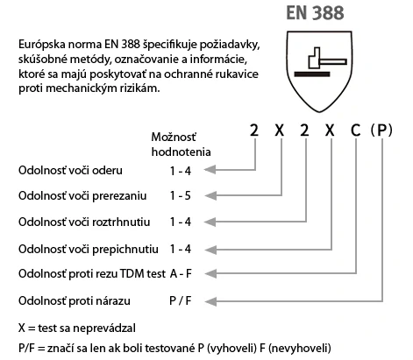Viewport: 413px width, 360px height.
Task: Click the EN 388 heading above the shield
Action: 315,13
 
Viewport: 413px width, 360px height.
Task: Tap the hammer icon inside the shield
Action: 327,58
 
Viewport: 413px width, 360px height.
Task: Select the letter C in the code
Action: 355,130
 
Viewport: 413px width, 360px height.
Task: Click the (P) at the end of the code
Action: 381,131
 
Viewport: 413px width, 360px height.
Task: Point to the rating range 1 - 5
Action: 181,195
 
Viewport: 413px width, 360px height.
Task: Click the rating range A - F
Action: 181,273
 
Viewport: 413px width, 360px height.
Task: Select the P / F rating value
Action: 181,300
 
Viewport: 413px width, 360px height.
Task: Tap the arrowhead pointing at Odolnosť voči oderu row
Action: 210,170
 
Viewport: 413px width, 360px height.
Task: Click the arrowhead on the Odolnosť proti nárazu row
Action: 210,301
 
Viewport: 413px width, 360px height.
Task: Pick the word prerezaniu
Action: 119,196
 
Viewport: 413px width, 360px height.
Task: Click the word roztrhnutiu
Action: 121,222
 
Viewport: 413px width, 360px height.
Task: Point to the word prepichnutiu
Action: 125,250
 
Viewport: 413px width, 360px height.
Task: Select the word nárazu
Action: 112,300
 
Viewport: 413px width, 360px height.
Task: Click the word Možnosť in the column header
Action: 174,137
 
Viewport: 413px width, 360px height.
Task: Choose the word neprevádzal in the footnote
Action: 104,328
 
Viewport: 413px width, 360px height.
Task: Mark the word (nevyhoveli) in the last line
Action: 299,348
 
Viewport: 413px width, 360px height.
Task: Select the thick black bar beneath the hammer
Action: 312,74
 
